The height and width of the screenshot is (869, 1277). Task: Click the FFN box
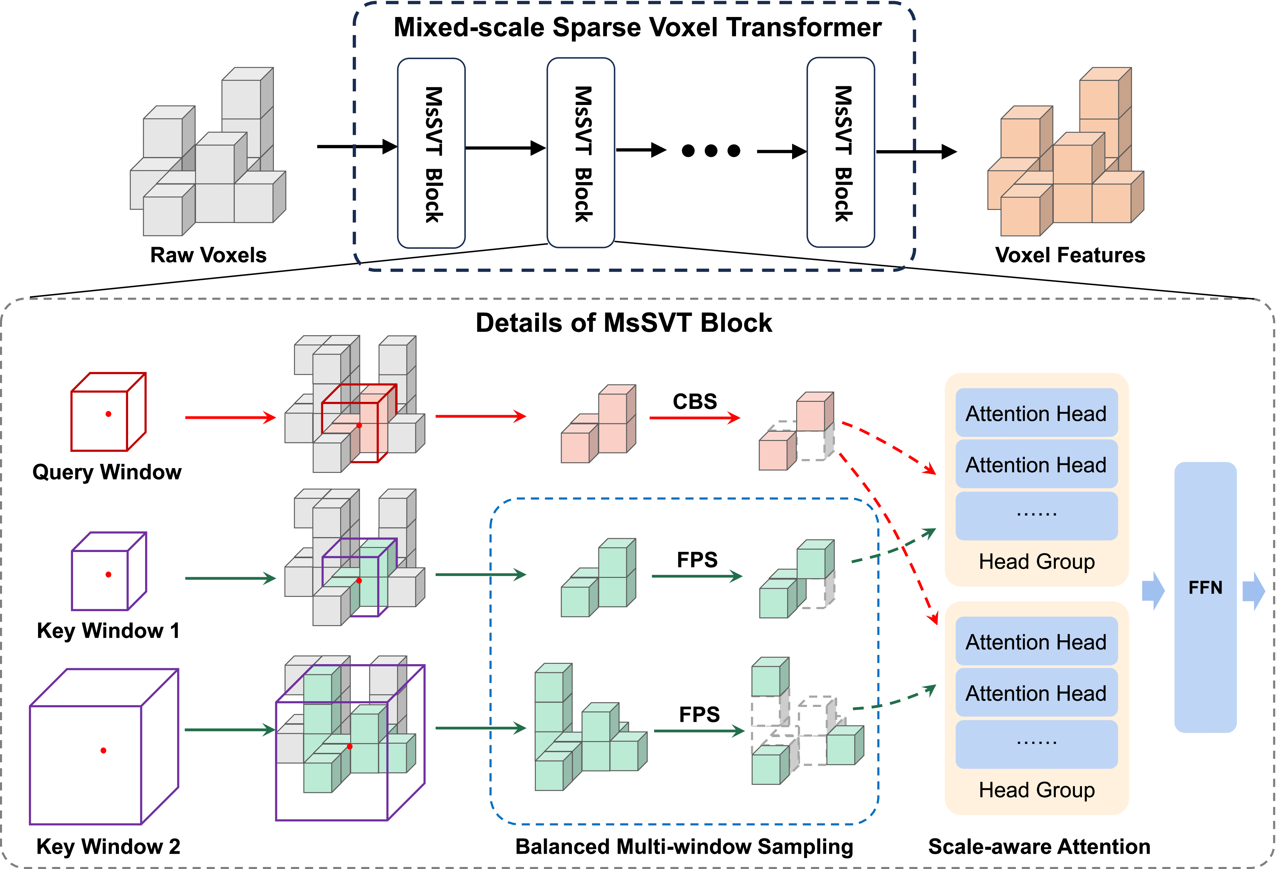tap(1205, 597)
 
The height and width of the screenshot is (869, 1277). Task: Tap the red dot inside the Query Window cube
tap(108, 414)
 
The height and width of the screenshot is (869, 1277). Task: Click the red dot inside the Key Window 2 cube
tap(103, 750)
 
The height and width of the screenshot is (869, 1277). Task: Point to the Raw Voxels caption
tap(208, 255)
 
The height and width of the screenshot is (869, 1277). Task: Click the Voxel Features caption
tap(1070, 255)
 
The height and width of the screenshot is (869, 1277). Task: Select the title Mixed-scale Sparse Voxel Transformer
tap(637, 28)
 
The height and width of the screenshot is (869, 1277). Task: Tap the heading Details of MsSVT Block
tap(624, 322)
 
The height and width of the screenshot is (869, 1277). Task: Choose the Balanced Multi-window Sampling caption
tap(684, 847)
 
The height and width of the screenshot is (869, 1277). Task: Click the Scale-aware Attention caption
tap(1039, 847)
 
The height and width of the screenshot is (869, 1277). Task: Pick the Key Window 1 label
tap(108, 631)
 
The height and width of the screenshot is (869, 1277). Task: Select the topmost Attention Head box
tap(1036, 413)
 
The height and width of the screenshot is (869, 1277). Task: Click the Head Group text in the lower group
tap(1036, 790)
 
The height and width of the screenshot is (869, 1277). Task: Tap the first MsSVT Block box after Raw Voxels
tap(431, 153)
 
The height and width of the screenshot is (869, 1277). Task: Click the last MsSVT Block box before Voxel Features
tap(841, 152)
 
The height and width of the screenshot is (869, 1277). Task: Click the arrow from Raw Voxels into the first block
tap(357, 147)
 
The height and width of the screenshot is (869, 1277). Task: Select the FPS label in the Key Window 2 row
tap(699, 714)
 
